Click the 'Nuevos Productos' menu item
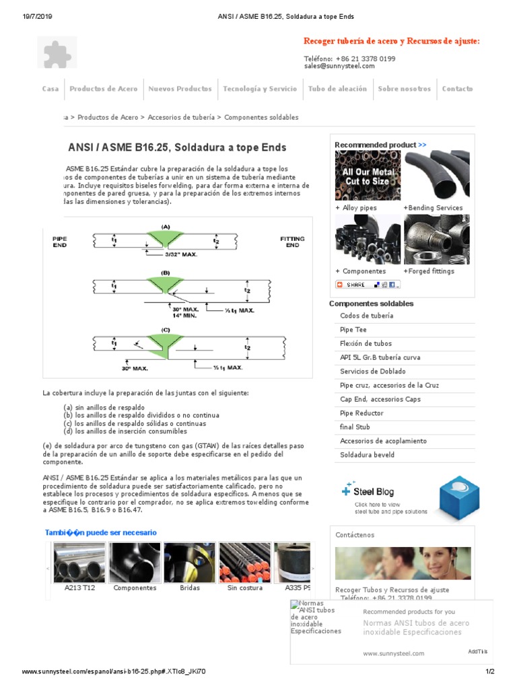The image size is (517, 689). (x=180, y=89)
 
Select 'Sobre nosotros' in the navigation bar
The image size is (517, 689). (x=404, y=89)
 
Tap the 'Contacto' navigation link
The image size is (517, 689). (x=457, y=89)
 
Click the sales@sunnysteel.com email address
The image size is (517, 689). (x=339, y=66)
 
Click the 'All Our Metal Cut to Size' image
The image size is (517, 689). (x=368, y=176)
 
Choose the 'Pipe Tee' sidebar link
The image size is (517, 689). (x=353, y=330)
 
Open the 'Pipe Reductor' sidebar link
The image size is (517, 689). (x=361, y=413)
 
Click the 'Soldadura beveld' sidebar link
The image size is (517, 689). (x=368, y=455)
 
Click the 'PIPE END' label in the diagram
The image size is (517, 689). (x=60, y=242)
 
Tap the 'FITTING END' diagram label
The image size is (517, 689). (x=292, y=242)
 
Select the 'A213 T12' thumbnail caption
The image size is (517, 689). (x=79, y=588)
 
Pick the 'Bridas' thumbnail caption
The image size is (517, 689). (x=190, y=588)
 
